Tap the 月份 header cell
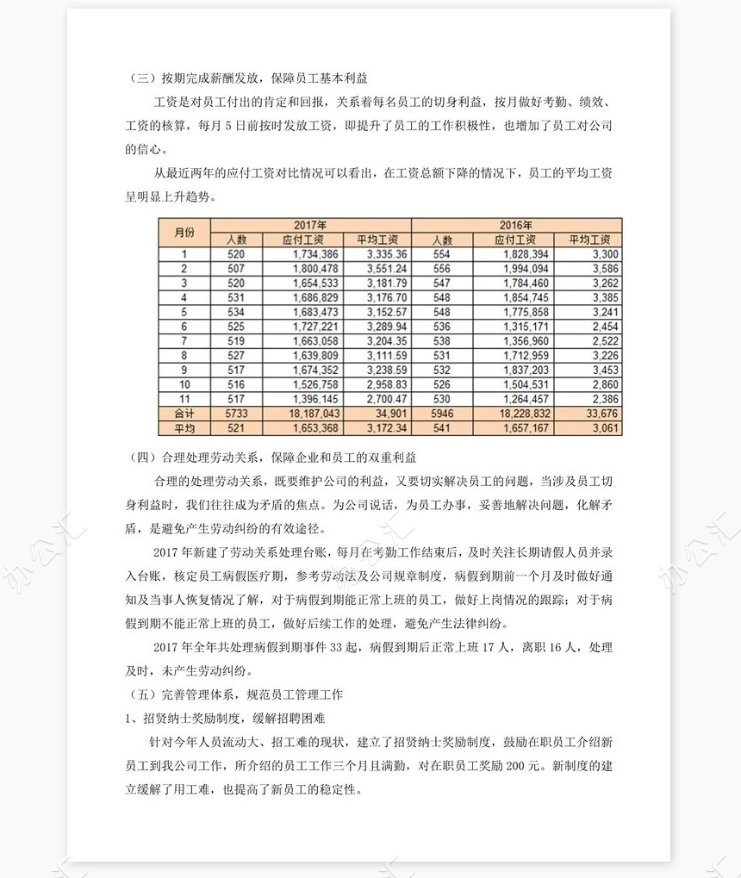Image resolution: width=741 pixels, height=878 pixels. coord(184,233)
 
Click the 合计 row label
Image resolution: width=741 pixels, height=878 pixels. coord(184,414)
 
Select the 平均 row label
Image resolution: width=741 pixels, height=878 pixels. coord(184,428)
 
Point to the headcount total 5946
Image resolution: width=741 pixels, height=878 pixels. coord(440,414)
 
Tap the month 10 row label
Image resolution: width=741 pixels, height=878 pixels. coord(184,385)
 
